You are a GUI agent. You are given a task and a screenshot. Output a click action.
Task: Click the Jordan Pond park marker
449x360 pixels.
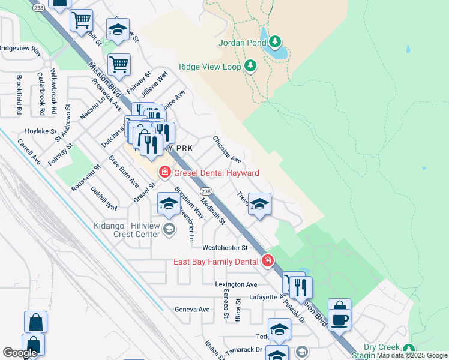(275, 41)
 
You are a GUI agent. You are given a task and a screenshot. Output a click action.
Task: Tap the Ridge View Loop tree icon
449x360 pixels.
(250, 66)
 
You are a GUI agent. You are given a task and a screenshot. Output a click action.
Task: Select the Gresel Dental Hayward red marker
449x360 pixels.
(164, 173)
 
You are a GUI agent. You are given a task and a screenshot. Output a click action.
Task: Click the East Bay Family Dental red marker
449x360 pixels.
(267, 261)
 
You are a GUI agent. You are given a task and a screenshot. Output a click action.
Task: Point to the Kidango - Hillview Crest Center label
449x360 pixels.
(127, 230)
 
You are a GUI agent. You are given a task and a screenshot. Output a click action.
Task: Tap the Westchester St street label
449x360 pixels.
(225, 247)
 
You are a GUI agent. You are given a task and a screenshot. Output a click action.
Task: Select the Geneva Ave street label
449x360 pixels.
(192, 310)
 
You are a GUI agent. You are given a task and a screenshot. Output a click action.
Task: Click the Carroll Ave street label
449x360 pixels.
(29, 152)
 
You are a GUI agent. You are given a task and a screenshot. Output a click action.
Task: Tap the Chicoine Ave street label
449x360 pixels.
(228, 149)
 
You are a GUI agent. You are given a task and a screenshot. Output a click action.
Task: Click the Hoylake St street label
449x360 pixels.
(40, 130)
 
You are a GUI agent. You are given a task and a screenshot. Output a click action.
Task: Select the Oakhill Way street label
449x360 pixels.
(104, 198)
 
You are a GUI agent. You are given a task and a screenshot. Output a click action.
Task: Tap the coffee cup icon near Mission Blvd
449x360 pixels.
(339, 319)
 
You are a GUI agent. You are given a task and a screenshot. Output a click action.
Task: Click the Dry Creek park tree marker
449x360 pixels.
(409, 349)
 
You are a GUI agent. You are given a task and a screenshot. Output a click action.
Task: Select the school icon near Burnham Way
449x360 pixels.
(169, 205)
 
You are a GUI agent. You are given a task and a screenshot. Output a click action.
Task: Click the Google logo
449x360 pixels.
(20, 353)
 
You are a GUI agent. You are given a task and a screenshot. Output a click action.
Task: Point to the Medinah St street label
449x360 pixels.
(212, 211)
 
